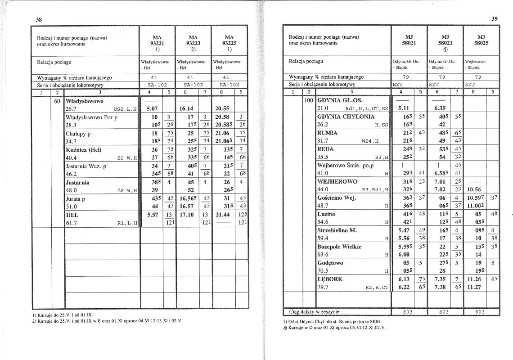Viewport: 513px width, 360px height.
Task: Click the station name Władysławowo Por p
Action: [x=92, y=117]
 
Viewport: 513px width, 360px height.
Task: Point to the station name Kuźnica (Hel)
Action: [x=83, y=150]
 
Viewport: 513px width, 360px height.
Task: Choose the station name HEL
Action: [x=72, y=215]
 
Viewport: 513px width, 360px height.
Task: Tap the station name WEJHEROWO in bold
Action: [x=337, y=181]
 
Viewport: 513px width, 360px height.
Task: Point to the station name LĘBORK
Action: [x=330, y=279]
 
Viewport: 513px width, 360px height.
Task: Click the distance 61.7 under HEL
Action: [x=72, y=222]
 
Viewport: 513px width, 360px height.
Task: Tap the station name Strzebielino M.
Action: [x=337, y=230]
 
